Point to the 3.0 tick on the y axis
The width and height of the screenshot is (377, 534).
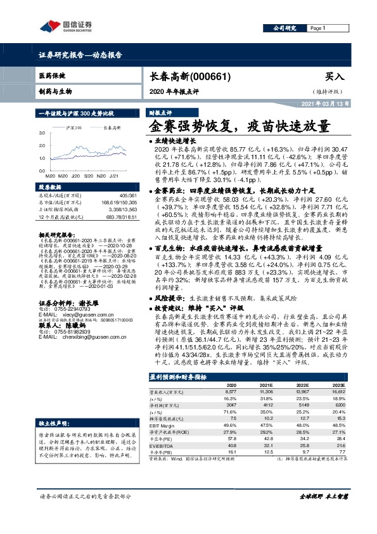coord(42,134)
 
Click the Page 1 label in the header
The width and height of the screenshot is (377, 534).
coord(317,29)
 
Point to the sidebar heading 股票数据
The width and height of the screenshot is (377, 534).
coord(52,188)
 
